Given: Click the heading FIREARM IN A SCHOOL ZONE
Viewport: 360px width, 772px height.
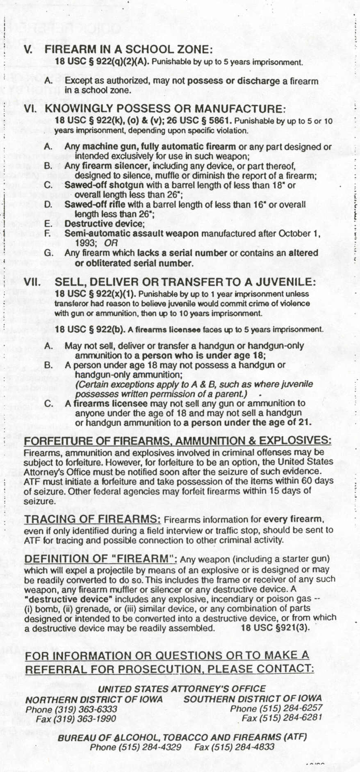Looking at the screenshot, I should pos(129,50).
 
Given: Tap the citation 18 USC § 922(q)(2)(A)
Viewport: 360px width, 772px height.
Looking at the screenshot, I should pos(103,62).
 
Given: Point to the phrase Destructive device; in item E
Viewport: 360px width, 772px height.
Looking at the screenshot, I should pos(105,224).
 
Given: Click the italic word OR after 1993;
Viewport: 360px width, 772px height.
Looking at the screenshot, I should pos(111,243).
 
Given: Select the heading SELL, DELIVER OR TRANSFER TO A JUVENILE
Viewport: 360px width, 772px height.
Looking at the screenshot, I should pos(185,282).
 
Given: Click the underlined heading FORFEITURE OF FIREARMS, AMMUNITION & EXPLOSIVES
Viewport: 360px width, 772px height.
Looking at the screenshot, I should pos(178,441).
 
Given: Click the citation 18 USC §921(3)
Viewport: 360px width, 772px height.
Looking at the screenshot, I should pos(276,628).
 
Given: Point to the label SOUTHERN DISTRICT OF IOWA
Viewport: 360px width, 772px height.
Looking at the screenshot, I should pos(253,699).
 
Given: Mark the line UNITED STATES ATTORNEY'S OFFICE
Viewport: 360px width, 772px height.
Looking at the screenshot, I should pos(182,689).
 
